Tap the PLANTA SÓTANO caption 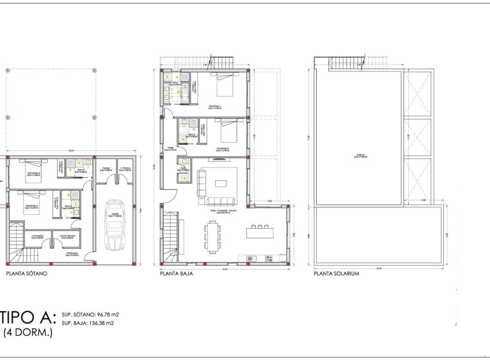tap(26, 274)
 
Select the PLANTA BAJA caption tap(176, 274)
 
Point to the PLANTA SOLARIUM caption tap(336, 274)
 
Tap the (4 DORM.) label tap(28, 333)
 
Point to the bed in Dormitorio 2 tap(227, 132)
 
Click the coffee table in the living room tap(222, 184)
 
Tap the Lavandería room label tap(38, 236)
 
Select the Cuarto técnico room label tap(67, 236)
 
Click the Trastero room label tap(107, 169)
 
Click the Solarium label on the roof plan tap(360, 155)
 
